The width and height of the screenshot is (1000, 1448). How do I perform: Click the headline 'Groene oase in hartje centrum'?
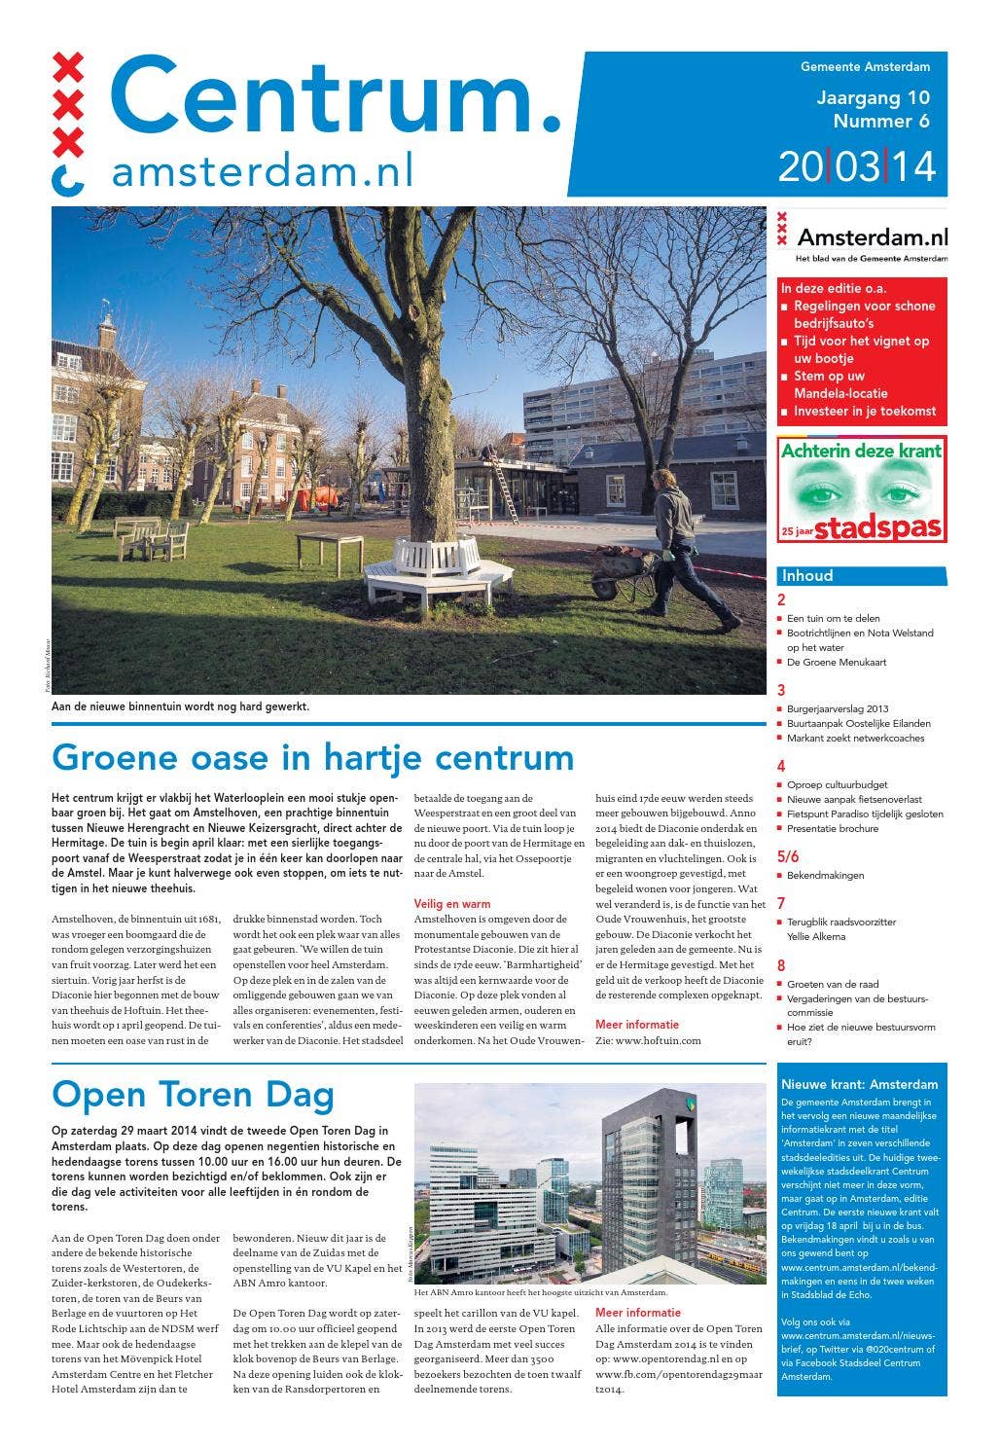tap(312, 757)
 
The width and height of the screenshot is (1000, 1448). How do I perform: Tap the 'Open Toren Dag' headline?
tap(193, 1095)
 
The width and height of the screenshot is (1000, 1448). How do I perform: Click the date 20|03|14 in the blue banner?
tap(856, 166)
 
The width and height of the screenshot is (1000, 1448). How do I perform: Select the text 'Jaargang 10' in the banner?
tap(873, 97)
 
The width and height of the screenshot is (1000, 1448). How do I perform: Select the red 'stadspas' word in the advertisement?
tap(877, 528)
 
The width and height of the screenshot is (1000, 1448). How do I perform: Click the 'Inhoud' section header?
tap(807, 575)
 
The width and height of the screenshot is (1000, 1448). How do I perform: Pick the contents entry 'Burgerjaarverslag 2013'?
tap(838, 708)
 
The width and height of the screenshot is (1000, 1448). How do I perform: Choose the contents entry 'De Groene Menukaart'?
tap(836, 662)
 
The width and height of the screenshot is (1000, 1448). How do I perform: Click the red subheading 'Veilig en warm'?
tap(452, 904)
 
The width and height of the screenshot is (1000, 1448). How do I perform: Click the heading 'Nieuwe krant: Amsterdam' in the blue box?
tap(859, 1084)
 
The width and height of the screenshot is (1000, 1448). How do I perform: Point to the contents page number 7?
tap(781, 904)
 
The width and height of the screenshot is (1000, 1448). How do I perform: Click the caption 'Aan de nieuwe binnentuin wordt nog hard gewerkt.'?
tap(180, 706)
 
